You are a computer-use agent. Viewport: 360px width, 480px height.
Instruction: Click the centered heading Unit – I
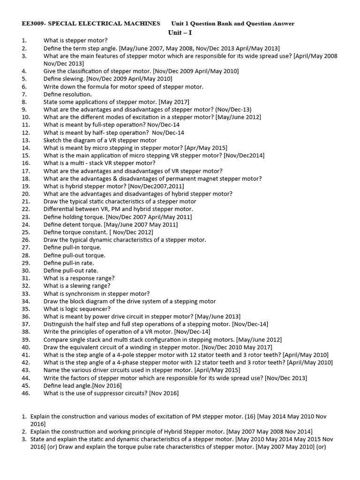coord(180,32)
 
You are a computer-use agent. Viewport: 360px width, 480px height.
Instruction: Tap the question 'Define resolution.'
coord(67,94)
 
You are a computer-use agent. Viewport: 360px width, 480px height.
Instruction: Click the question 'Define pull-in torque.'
coord(72,247)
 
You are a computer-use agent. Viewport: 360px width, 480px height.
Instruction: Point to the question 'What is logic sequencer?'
coord(77,309)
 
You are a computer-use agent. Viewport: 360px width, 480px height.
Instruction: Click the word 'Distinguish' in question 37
coord(60,324)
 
